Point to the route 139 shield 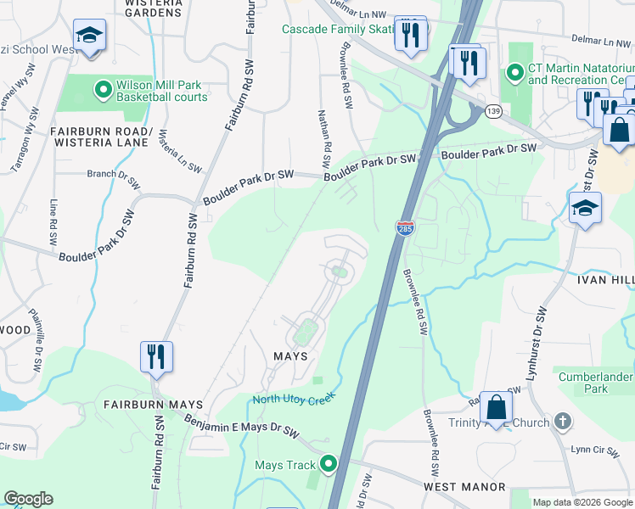point(493,111)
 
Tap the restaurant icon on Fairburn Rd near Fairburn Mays point(156,356)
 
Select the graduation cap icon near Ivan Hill point(586,207)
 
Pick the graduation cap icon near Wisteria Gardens point(89,35)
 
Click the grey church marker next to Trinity point(562,422)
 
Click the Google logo point(28,499)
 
